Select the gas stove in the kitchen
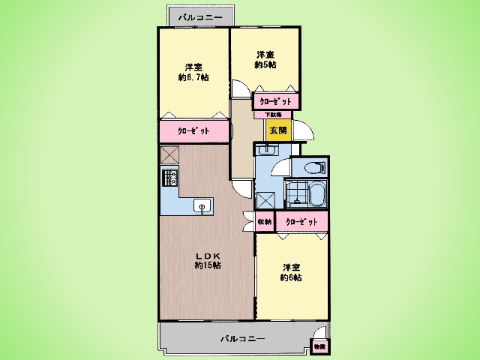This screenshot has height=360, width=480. coord(169,178)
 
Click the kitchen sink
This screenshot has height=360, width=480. coord(201,205)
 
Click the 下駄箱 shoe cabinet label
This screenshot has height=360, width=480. coord(274,114)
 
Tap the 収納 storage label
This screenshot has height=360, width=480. coord(264,222)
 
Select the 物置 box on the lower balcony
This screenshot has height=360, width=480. coord(319,346)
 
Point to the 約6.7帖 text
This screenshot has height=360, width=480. coord(193,77)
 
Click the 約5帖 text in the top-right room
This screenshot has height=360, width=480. coord(265,65)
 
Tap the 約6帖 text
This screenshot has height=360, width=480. coord(292,277)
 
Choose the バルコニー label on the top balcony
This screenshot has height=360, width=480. coord(194,16)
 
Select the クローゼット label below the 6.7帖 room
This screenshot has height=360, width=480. coord(193,131)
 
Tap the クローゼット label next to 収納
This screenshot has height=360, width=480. coord(301,222)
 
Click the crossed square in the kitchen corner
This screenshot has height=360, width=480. coord(169,154)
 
